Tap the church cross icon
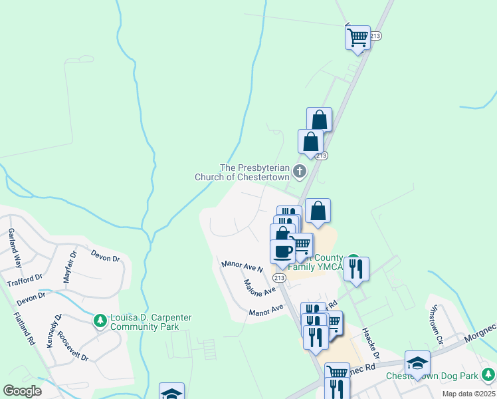tap(300, 172)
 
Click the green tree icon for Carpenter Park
tap(100, 322)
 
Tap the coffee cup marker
tap(282, 251)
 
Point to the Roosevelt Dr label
tap(74, 346)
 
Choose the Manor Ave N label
tap(243, 266)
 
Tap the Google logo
tap(22, 391)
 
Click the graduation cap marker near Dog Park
tap(417, 362)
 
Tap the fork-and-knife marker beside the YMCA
tap(356, 269)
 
